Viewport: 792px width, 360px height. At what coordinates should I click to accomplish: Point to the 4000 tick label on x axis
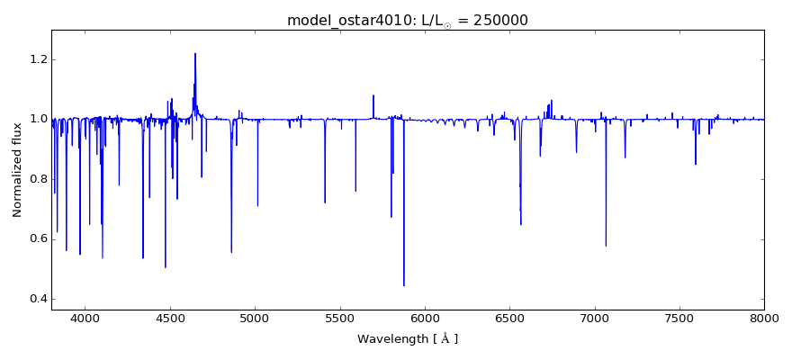(85, 318)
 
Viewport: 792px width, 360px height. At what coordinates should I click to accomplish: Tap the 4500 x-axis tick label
(170, 318)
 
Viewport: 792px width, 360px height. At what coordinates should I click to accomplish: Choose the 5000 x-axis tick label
(255, 318)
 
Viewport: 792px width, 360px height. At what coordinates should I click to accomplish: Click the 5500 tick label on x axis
(340, 318)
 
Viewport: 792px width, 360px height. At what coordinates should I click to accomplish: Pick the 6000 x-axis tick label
(425, 318)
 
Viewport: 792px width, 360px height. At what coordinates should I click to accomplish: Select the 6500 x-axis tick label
(509, 318)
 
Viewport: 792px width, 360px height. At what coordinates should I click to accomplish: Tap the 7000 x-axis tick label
(595, 318)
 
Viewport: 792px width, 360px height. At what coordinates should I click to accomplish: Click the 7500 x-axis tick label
(679, 318)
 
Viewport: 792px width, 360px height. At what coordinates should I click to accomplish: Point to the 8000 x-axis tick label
(764, 318)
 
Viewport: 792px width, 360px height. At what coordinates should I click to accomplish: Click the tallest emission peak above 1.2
(195, 54)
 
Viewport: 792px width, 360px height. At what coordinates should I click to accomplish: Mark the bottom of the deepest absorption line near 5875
(404, 285)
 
